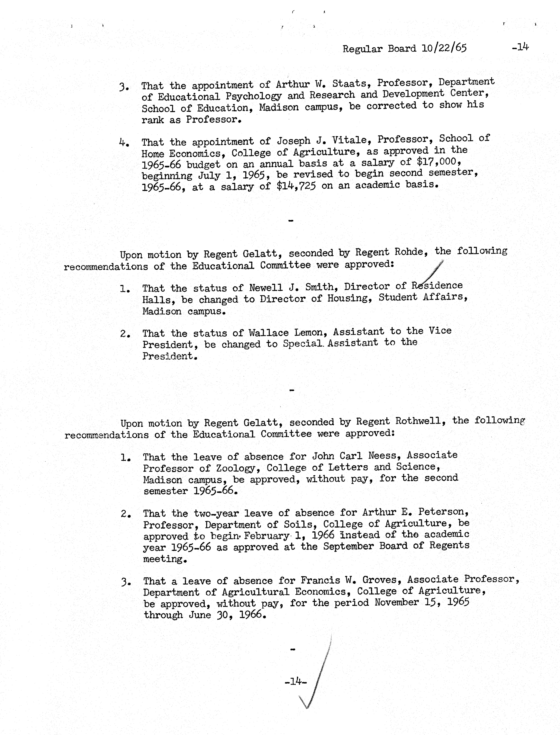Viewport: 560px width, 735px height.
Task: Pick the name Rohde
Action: (x=411, y=252)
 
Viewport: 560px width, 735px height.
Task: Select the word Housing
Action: (x=349, y=298)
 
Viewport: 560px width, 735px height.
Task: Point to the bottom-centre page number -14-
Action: (x=296, y=682)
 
